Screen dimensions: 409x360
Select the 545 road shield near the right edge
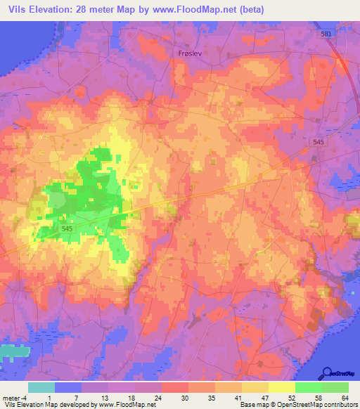click(319, 142)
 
